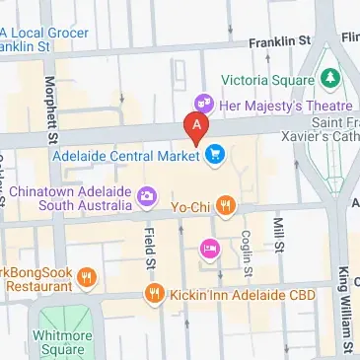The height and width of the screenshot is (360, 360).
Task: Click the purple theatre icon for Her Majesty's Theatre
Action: (204, 102)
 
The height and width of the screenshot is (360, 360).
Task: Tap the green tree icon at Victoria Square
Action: (330, 77)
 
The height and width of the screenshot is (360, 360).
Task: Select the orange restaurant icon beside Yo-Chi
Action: (227, 204)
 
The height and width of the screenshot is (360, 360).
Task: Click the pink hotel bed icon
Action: (210, 248)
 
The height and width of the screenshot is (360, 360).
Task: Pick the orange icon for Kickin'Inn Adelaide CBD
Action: (154, 293)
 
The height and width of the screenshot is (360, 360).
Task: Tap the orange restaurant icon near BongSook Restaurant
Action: (87, 276)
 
